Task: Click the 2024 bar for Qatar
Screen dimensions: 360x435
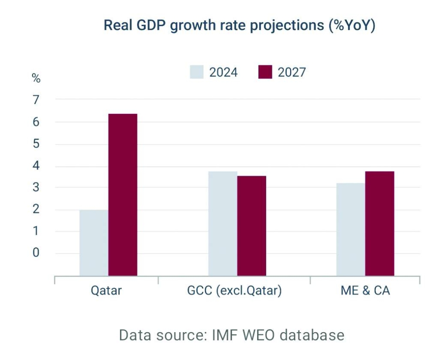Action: click(94, 243)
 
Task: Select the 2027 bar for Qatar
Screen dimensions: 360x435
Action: click(123, 195)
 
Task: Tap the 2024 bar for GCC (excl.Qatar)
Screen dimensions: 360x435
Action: click(223, 223)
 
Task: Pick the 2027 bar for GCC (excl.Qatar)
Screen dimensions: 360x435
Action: click(251, 226)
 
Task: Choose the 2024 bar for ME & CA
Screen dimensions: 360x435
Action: click(351, 229)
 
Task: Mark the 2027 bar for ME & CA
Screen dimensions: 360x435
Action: click(379, 223)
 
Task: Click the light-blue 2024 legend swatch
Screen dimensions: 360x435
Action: click(197, 72)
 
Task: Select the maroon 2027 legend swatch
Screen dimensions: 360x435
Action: click(265, 72)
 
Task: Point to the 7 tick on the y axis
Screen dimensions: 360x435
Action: click(36, 100)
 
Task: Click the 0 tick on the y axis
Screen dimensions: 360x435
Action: click(36, 253)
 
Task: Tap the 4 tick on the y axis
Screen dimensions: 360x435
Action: click(36, 166)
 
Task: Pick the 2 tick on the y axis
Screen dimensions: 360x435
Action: click(36, 209)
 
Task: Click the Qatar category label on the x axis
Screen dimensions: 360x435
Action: click(106, 290)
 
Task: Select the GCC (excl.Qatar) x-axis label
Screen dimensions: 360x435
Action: click(234, 290)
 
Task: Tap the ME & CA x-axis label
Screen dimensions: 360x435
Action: click(365, 290)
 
